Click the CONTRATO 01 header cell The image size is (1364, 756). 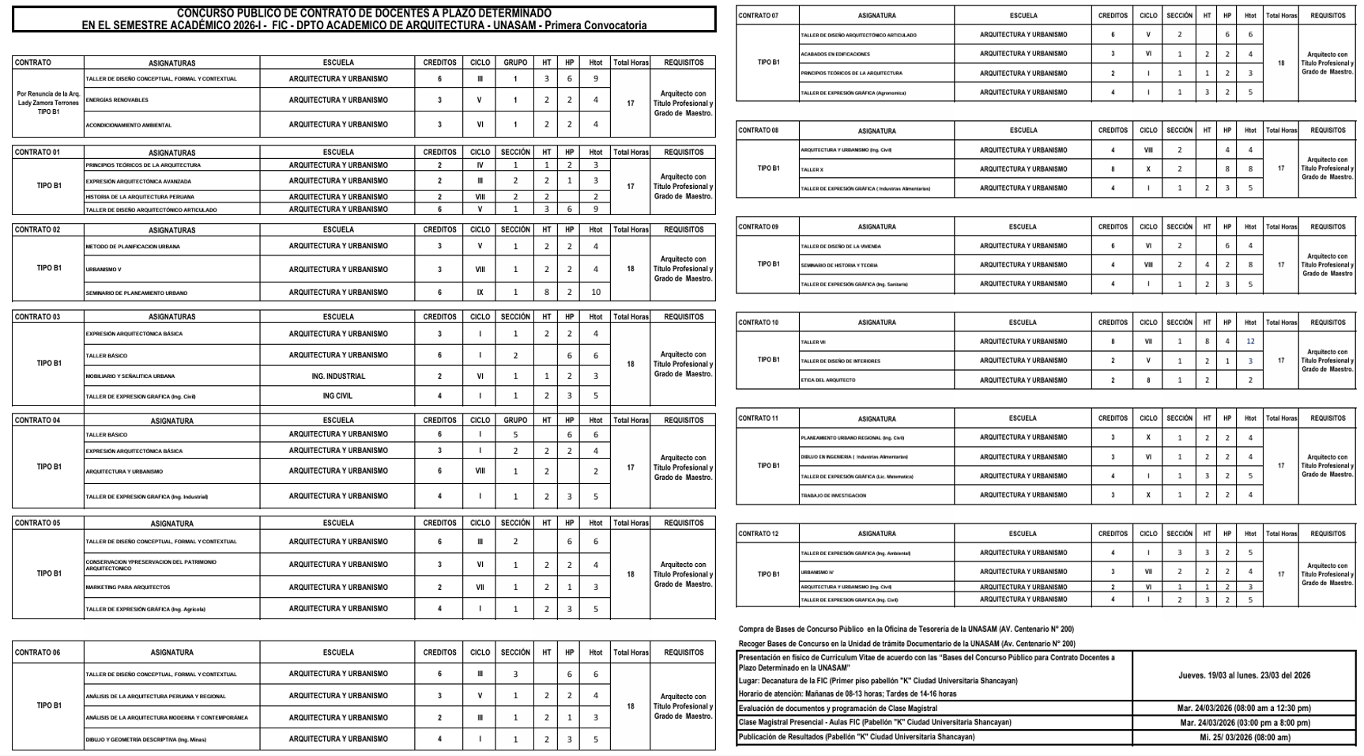coord(37,152)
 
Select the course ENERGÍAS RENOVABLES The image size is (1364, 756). coord(117,100)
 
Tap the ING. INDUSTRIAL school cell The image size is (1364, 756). coord(337,376)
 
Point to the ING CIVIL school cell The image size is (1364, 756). coord(337,396)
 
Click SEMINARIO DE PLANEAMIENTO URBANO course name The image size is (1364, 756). coord(137,293)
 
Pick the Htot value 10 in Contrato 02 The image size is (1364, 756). coord(595,293)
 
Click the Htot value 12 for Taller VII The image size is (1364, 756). coord(1250,342)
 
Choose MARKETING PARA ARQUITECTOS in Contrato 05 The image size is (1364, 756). coord(128,588)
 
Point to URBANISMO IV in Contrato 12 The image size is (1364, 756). coord(817,572)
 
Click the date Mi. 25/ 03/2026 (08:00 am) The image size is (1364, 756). coord(1245,738)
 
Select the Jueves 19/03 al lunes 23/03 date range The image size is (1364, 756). coord(1245,675)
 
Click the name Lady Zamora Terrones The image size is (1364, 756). coord(48,103)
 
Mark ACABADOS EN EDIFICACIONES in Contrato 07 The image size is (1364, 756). coord(835,55)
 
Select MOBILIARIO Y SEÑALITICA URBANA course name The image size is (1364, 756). coord(130,376)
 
